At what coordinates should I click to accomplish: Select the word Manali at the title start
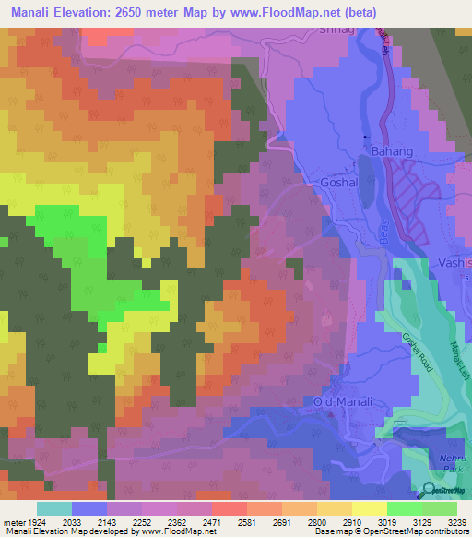(x=31, y=11)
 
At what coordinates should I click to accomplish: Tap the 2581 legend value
(x=247, y=521)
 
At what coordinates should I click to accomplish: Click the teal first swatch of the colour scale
(x=53, y=508)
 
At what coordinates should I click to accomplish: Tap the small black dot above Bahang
(x=366, y=137)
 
